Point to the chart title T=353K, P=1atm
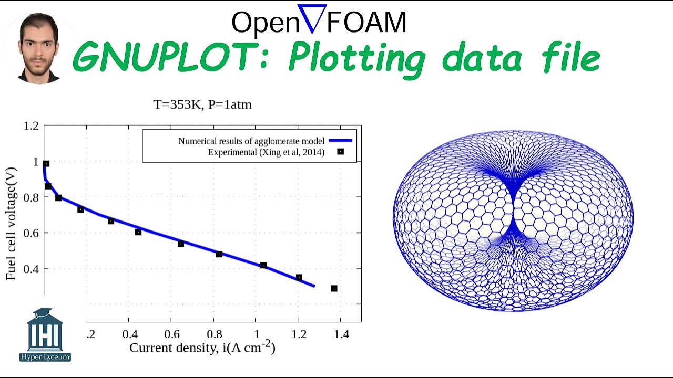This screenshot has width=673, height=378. coord(202,104)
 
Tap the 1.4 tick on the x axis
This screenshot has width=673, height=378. coord(341,334)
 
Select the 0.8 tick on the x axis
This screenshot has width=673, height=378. coord(213,334)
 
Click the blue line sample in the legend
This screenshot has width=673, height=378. coord(340,141)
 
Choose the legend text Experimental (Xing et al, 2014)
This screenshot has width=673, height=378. coord(266,152)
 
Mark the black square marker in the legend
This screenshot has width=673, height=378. coord(340,152)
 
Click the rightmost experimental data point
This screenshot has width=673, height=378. coord(334,288)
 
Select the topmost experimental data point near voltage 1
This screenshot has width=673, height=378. coord(46,164)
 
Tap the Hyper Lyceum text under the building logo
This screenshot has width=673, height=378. coord(45,357)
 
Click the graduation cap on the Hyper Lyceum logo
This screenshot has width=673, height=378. coord(45,314)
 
